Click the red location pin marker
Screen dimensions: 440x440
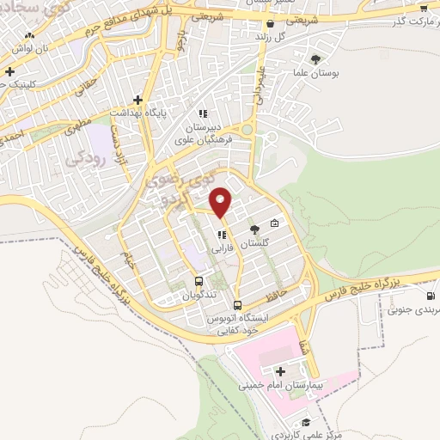click(221, 201)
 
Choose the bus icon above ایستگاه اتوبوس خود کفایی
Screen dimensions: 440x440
click(238, 304)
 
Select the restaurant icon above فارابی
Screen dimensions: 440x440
click(222, 234)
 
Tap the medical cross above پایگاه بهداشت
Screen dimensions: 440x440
click(137, 100)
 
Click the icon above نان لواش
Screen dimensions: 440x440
click(30, 35)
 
